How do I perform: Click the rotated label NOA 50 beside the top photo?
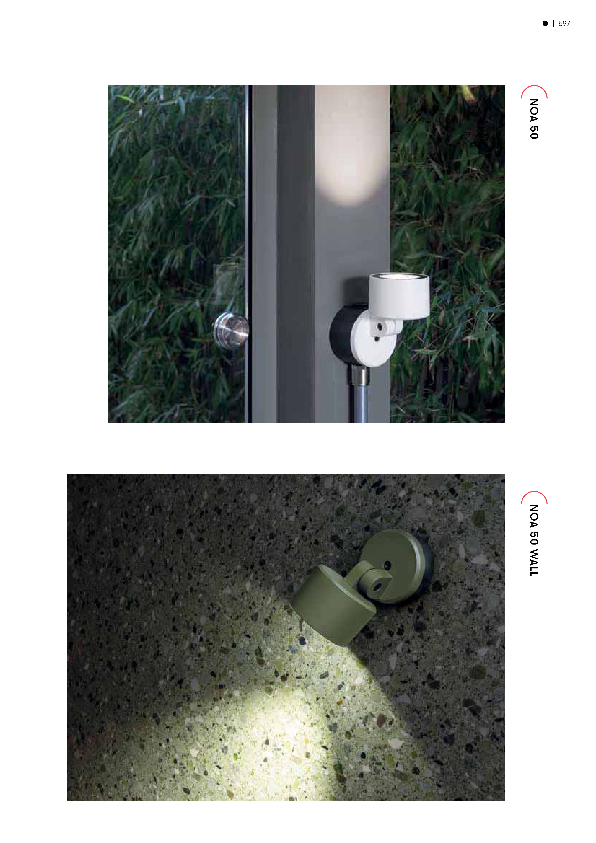click(534, 119)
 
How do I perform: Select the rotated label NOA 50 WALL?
click(534, 540)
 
